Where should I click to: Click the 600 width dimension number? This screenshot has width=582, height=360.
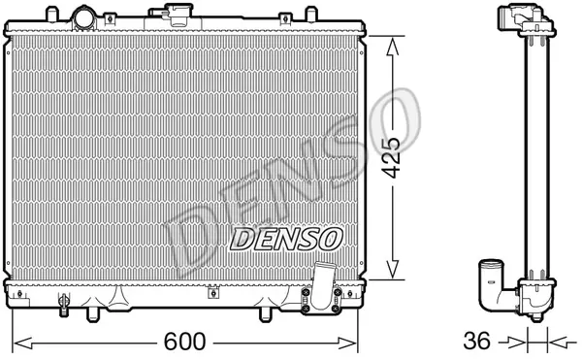coord(184,342)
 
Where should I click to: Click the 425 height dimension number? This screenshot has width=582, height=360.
coord(392,158)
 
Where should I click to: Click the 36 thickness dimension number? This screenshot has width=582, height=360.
coord(477,341)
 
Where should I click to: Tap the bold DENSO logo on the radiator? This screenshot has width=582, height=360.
coord(286,240)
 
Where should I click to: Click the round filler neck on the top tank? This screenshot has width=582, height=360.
coord(84,17)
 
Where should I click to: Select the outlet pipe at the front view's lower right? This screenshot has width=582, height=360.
coord(321,286)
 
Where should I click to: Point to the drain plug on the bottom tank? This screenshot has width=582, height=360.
coord(64,305)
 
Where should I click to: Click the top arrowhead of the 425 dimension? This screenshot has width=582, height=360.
coord(392,46)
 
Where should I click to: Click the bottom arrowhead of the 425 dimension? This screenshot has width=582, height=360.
coord(392,269)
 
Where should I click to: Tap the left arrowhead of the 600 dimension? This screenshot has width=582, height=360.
coord(23,344)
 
